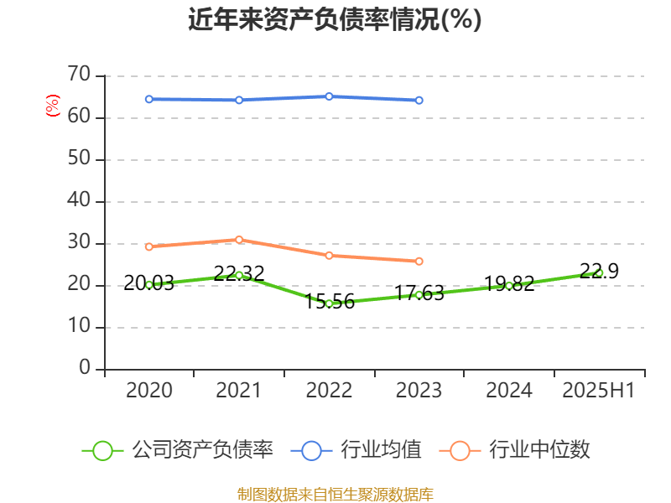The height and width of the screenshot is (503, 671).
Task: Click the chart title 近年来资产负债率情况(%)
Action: tap(335, 19)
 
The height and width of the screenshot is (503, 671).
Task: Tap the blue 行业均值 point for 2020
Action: tap(149, 99)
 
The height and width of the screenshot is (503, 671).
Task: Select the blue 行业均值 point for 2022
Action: tap(329, 96)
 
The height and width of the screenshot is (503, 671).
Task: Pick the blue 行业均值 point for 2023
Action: tap(419, 100)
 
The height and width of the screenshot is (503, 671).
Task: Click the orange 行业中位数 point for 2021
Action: tap(239, 240)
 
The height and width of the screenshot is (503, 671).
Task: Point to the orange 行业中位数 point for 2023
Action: tap(419, 261)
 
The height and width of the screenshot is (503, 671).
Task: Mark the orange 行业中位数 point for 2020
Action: tap(149, 246)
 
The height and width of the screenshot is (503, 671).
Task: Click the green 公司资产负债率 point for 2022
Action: tap(329, 303)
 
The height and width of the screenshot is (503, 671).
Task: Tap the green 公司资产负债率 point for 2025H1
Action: tap(599, 272)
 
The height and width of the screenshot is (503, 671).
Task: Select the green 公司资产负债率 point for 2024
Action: tap(508, 285)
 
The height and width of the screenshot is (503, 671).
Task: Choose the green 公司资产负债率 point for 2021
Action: tap(239, 275)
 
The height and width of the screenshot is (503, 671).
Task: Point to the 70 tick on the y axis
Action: tap(79, 75)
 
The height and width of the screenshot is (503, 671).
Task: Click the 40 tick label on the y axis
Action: tap(79, 201)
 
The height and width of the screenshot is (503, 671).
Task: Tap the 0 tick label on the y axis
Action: tap(84, 368)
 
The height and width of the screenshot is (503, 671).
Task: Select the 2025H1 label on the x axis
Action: tap(599, 391)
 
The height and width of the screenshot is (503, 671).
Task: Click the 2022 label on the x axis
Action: tap(329, 391)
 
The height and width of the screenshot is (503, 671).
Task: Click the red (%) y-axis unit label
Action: tap(53, 106)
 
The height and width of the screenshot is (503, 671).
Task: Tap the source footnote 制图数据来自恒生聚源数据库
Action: tap(335, 494)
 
